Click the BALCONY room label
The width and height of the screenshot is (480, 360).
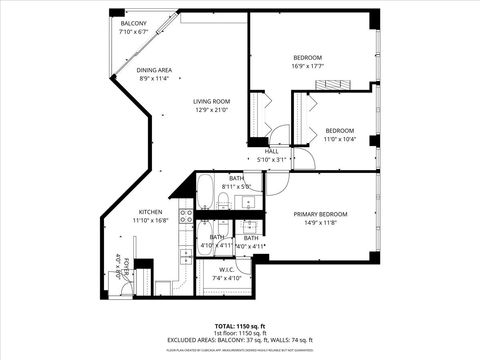pos(133,23)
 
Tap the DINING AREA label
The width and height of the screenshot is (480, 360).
pos(154,70)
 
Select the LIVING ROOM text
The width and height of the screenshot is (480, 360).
pos(211,101)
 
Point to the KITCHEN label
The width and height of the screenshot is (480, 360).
pos(150,212)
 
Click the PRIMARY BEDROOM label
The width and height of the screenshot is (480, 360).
pos(320,215)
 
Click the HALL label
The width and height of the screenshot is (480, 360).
pos(271,151)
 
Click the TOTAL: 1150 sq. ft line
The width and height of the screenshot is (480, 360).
pos(240,326)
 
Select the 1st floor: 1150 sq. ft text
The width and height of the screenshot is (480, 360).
pos(240,333)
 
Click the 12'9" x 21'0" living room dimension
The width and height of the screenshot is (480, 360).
pos(211,110)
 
